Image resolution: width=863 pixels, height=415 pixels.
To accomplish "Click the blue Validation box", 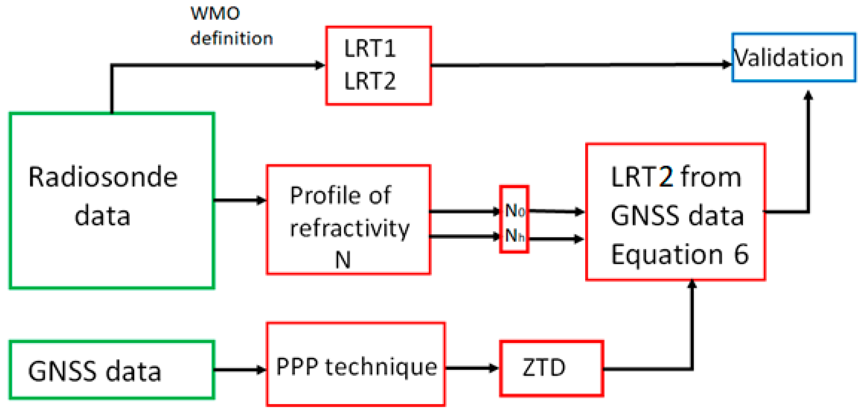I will point(793,57).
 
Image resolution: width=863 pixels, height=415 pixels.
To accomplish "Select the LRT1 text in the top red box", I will point(370,49).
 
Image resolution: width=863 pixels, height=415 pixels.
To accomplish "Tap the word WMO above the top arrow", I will point(215,14).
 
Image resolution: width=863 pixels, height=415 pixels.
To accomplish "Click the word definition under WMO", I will point(231,38).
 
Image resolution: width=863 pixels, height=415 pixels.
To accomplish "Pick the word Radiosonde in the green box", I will point(103,177).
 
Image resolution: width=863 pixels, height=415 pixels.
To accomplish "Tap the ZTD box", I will point(551,368).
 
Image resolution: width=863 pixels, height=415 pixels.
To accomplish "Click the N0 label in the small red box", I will point(514,210).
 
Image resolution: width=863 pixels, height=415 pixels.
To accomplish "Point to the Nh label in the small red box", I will point(514,235).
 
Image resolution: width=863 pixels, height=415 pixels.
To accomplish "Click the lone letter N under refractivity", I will point(343,260).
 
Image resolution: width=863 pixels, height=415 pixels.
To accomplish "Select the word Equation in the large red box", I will point(667,254).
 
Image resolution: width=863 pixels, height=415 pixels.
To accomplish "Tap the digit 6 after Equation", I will point(741,254).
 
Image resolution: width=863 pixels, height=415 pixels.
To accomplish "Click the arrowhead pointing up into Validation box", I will point(808,95).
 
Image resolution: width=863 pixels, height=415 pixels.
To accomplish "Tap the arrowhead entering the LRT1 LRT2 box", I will point(320,65).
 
